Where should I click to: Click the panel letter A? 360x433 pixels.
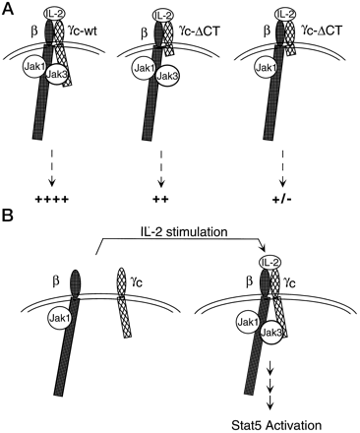pyautogui.click(x=8, y=8)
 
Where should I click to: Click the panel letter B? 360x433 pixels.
pyautogui.click(x=8, y=216)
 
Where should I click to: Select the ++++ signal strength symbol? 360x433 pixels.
pyautogui.click(x=52, y=200)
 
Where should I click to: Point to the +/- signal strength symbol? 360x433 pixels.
pyautogui.click(x=281, y=200)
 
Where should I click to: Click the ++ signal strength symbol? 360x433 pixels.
pyautogui.click(x=160, y=200)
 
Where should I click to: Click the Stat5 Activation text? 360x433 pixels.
pyautogui.click(x=276, y=425)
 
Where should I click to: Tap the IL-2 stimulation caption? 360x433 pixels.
pyautogui.click(x=182, y=231)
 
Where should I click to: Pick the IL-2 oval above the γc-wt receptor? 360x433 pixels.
pyautogui.click(x=55, y=15)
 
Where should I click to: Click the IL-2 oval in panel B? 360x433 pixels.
pyautogui.click(x=270, y=263)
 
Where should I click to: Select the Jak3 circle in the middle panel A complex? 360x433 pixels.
pyautogui.click(x=168, y=76)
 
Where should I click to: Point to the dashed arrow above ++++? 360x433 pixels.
pyautogui.click(x=52, y=167)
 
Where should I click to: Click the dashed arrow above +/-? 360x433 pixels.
pyautogui.click(x=282, y=167)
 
